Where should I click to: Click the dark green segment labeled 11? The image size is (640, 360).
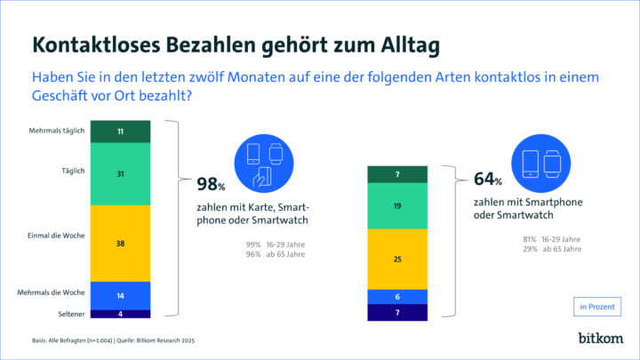point(120,131)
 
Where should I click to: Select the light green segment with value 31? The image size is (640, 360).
point(120,174)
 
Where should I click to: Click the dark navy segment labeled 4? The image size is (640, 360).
point(120,313)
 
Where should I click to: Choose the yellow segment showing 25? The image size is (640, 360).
point(398,259)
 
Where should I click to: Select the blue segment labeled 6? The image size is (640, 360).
point(398,296)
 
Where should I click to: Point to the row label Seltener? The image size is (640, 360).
point(71,313)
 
